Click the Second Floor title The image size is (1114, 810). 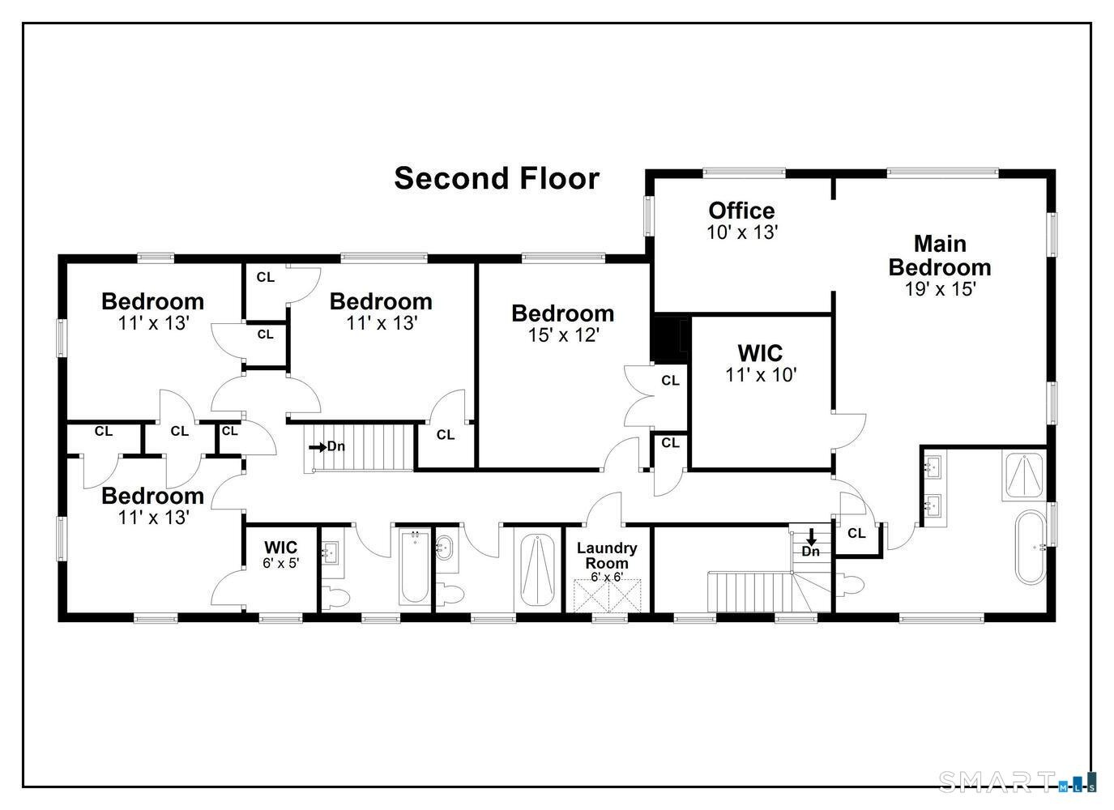coord(497,178)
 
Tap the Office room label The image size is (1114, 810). coord(741,211)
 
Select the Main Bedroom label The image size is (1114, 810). coord(940,256)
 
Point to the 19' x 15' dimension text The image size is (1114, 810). coord(940,289)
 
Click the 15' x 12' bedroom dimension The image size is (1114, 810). coord(563,335)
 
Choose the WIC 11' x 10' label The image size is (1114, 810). coord(761,364)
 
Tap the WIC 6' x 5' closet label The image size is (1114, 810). coord(281,554)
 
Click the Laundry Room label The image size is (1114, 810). coord(607,556)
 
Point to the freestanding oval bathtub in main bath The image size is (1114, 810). coord(1030,548)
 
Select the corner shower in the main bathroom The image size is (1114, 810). coord(1024,475)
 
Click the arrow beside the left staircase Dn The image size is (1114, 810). coord(318,447)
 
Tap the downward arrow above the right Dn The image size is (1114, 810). coord(811,537)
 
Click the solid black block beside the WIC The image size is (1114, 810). coord(670,339)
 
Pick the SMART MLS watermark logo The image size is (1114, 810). coord(1018,781)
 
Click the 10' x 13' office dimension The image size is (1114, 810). coord(742,232)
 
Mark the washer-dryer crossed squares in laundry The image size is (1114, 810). coord(607,595)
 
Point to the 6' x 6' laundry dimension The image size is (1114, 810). coord(607,578)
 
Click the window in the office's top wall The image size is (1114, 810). coord(744,173)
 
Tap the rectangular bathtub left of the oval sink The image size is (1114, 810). coord(414,567)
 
